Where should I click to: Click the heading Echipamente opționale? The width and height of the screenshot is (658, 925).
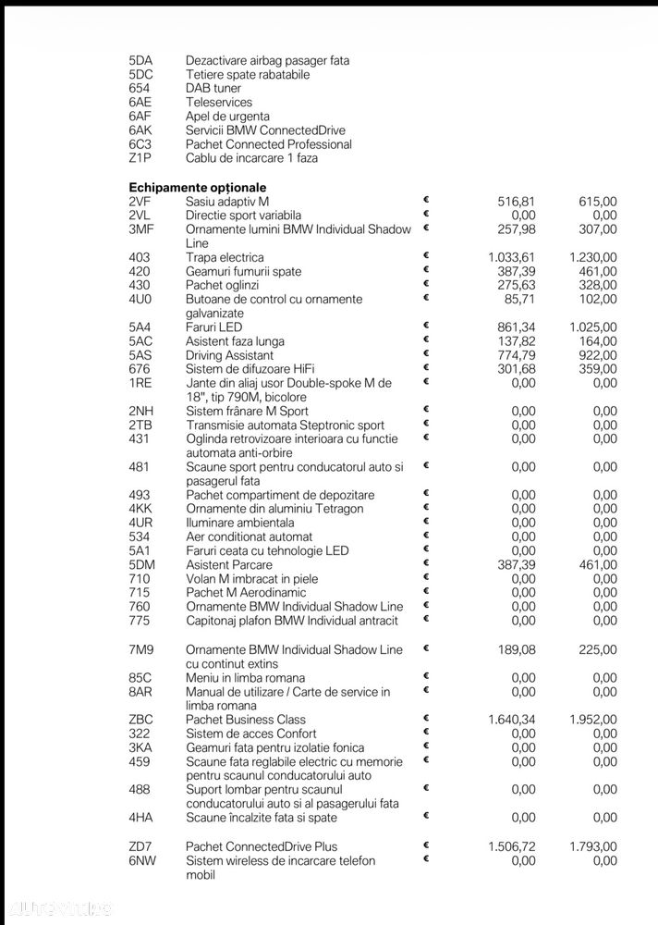click(x=197, y=187)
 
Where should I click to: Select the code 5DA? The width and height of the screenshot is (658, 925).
click(x=141, y=61)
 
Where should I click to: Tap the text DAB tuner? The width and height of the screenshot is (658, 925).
click(x=213, y=89)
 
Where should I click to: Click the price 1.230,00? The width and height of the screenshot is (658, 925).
click(x=593, y=258)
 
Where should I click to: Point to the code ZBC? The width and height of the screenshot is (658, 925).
click(x=140, y=720)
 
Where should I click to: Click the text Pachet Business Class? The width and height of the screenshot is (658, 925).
click(x=245, y=720)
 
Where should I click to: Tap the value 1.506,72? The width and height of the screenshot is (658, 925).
click(x=511, y=846)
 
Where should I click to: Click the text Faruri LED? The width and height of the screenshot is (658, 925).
click(x=213, y=327)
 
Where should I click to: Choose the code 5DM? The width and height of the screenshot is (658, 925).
click(x=142, y=565)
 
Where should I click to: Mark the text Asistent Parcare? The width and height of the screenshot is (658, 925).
click(x=229, y=565)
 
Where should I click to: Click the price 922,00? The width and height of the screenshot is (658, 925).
click(x=599, y=355)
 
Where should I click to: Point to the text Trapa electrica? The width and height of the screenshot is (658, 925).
click(x=225, y=258)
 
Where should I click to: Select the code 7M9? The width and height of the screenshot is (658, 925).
click(x=141, y=650)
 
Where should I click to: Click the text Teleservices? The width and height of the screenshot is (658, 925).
click(x=219, y=103)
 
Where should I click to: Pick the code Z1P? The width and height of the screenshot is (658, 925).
click(x=140, y=158)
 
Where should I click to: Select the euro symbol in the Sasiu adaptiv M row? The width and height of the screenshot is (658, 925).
click(x=427, y=199)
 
